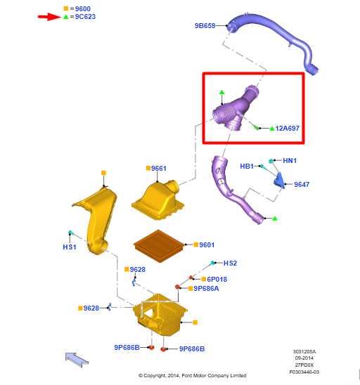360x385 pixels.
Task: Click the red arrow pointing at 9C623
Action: coord(49,17)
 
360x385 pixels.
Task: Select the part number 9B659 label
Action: coord(205,26)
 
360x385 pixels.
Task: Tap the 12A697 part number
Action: coord(288,128)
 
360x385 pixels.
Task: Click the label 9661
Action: coord(159,169)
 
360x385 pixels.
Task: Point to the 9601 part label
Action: coord(207,244)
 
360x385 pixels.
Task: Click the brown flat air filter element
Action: coord(160,246)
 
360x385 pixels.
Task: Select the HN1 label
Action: coord(290,161)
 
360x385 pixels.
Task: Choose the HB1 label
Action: coord(247,167)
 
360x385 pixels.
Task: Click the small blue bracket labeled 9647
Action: coord(279,181)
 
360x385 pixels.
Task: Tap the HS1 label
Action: coord(70,247)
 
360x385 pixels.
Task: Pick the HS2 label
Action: coord(230,263)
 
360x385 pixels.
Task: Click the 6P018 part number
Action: coord(217,279)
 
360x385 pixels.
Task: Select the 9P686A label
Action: coord(206,289)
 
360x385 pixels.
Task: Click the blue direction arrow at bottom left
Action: coord(77,360)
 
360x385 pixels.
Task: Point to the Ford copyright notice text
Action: coord(193,375)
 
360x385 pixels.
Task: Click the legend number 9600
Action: coord(83,9)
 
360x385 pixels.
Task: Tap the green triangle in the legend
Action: coord(66,17)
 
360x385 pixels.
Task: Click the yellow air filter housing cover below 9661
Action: coord(158,200)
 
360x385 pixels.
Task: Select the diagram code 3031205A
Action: coord(304,352)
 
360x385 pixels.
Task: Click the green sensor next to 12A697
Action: coord(255,127)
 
